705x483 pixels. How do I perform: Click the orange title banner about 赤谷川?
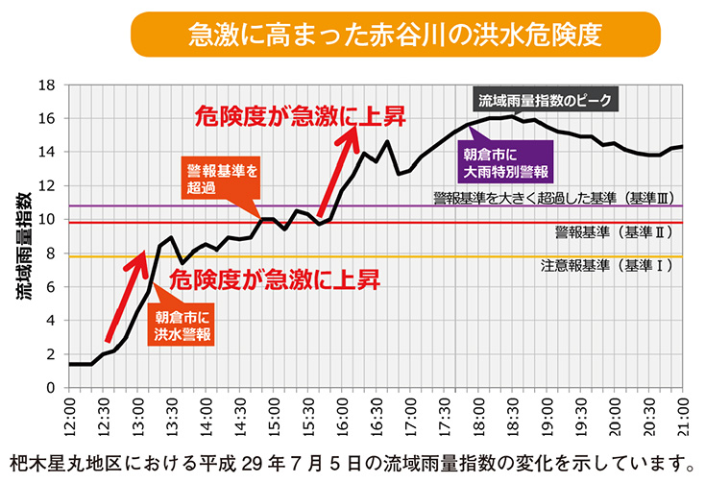(x=395, y=35)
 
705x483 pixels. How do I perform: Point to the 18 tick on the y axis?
(x=45, y=85)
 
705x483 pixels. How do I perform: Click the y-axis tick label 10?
(x=45, y=220)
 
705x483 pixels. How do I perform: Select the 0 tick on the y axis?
(x=49, y=388)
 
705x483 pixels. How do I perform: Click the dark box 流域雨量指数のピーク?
(x=545, y=100)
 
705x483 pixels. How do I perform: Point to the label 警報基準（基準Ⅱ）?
(x=611, y=232)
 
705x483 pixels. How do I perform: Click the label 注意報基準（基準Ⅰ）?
(x=606, y=266)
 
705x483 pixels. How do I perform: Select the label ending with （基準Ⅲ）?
(x=556, y=197)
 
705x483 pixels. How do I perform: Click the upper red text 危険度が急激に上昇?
(x=299, y=117)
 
